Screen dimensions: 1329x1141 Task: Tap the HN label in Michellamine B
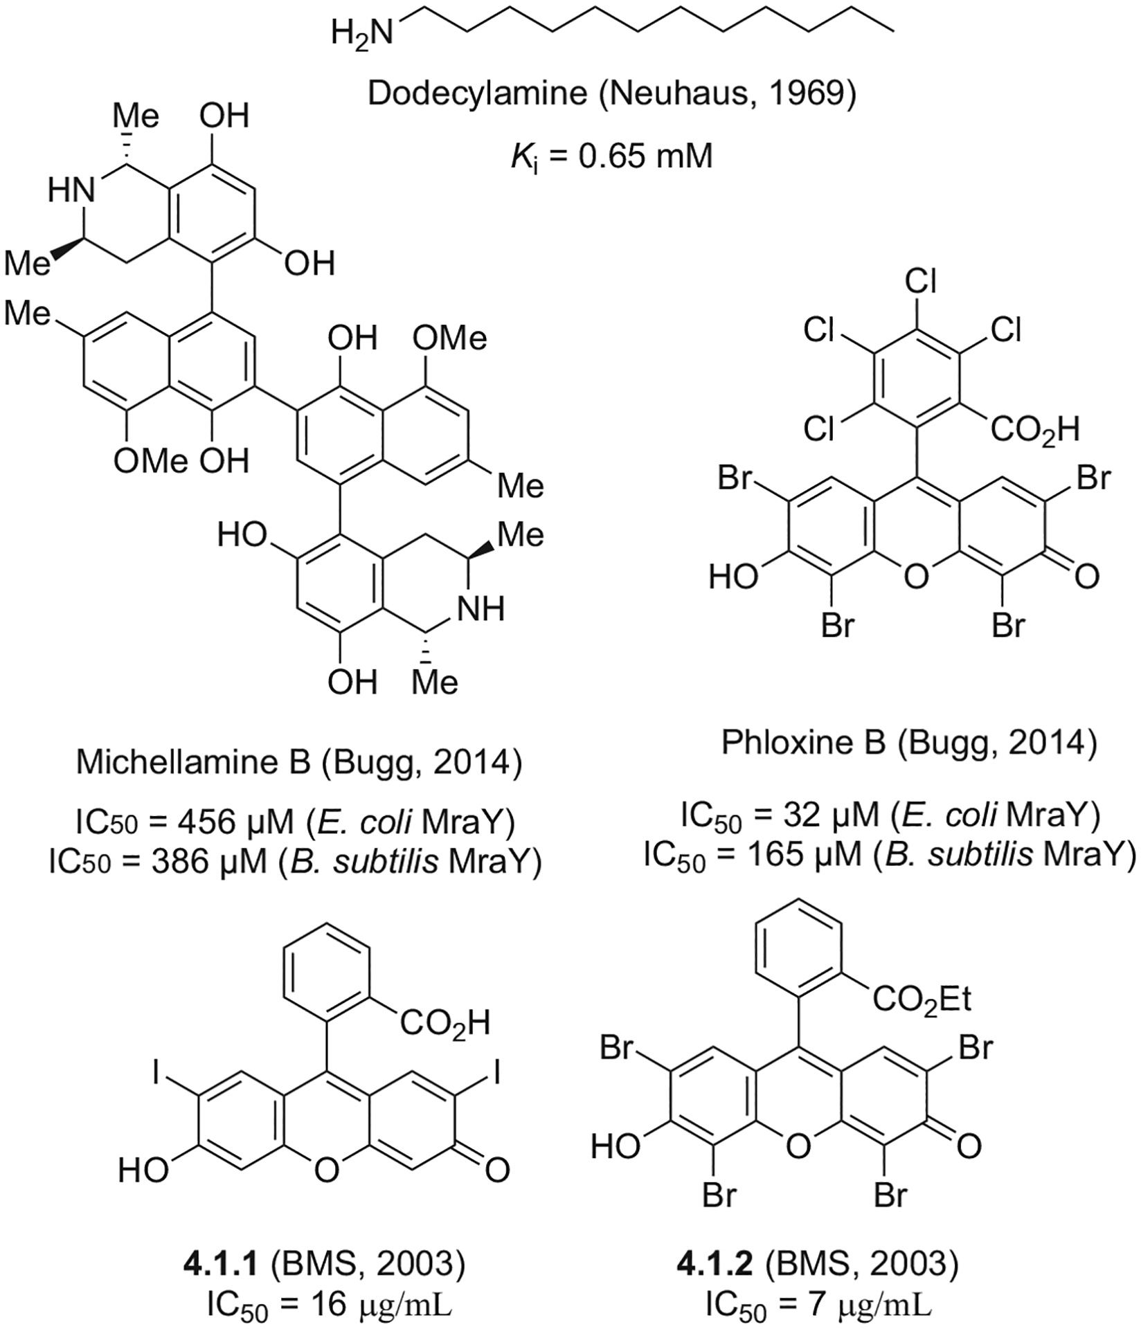(x=71, y=190)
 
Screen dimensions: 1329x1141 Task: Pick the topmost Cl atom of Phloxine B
(x=921, y=282)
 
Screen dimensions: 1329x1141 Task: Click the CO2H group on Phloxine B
(x=1034, y=430)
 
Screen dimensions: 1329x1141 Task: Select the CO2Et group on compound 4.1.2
(x=922, y=999)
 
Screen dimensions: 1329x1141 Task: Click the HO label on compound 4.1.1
(x=143, y=1170)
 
